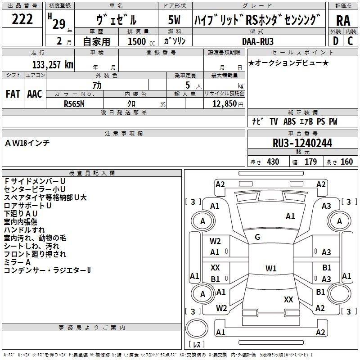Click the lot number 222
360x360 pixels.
22,19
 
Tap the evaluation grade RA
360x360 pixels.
343,21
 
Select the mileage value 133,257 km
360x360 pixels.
53,64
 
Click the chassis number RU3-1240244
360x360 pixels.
302,143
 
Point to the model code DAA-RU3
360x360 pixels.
257,41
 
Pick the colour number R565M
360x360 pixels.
74,104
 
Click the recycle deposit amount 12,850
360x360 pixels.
224,103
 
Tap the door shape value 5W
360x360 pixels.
174,20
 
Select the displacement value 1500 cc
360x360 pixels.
141,41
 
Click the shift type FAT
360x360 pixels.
13,94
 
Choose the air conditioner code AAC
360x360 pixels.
35,94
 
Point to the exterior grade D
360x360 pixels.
336,41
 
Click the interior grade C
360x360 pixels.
350,41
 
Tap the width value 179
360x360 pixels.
310,162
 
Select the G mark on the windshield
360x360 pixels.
257,237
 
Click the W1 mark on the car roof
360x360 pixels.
271,268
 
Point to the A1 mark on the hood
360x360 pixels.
290,216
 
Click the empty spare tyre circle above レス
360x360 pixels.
197,328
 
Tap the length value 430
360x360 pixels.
273,162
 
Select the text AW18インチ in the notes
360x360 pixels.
27,143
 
